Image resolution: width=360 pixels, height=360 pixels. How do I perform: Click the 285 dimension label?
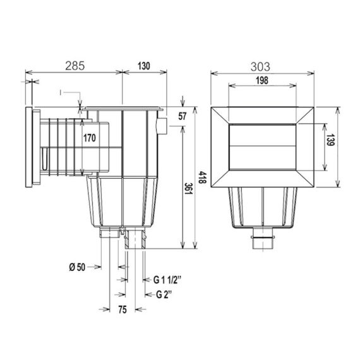75,66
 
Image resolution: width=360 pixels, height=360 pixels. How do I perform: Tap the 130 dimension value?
144,66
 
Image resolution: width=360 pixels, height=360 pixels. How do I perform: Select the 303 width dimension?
260,67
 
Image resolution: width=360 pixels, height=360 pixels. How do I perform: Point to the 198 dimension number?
262,80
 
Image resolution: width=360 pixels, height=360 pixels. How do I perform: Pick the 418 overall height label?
203,177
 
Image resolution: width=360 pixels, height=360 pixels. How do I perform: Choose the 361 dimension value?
188,189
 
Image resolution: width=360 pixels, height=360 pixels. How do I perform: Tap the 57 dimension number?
183,116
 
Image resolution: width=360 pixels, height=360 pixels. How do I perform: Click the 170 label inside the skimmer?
89,138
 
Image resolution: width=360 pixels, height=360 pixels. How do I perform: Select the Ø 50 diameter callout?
77,267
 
